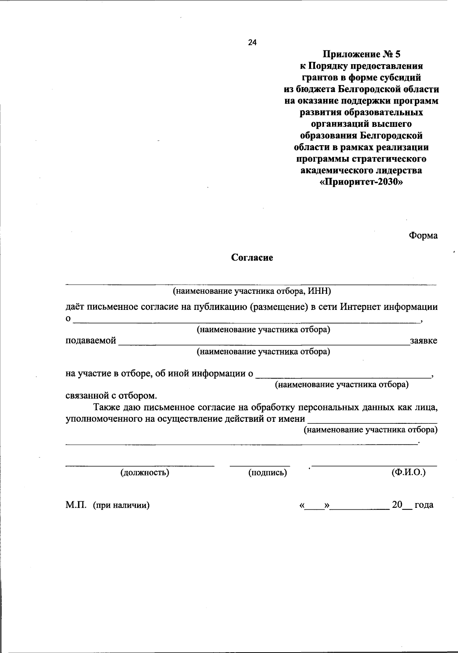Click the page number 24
pyautogui.click(x=252, y=42)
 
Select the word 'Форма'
pyautogui.click(x=423, y=235)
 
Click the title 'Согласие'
pyautogui.click(x=252, y=258)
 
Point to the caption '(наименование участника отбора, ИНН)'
pyautogui.click(x=252, y=292)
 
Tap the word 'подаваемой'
pyautogui.click(x=90, y=340)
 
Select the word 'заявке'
pyautogui.click(x=424, y=340)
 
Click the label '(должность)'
pyautogui.click(x=145, y=473)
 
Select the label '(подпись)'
pyautogui.click(x=268, y=473)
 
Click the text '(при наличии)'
pyautogui.click(x=121, y=506)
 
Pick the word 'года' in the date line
pyautogui.click(x=424, y=505)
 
